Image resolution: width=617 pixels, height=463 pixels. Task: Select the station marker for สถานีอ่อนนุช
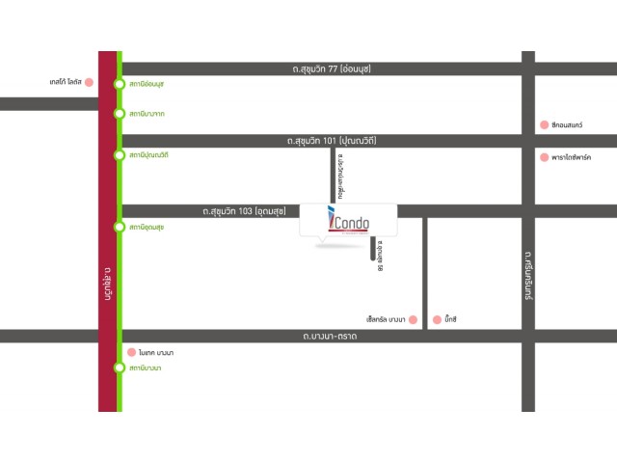tap(119, 85)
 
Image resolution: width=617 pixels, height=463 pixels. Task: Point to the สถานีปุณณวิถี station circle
tap(119, 154)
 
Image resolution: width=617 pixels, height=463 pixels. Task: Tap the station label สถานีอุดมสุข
tap(146, 227)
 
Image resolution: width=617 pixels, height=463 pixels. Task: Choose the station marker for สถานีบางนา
tap(119, 368)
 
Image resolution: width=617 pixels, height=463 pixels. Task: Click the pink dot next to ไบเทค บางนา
tap(131, 353)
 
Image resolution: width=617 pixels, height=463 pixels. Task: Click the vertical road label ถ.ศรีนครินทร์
tap(528, 275)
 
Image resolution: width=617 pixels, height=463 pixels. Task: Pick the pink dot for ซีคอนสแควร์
tap(545, 124)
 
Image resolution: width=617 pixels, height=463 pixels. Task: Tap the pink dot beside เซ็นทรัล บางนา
tap(412, 319)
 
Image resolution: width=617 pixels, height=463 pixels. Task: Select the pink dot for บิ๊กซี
tap(437, 319)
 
